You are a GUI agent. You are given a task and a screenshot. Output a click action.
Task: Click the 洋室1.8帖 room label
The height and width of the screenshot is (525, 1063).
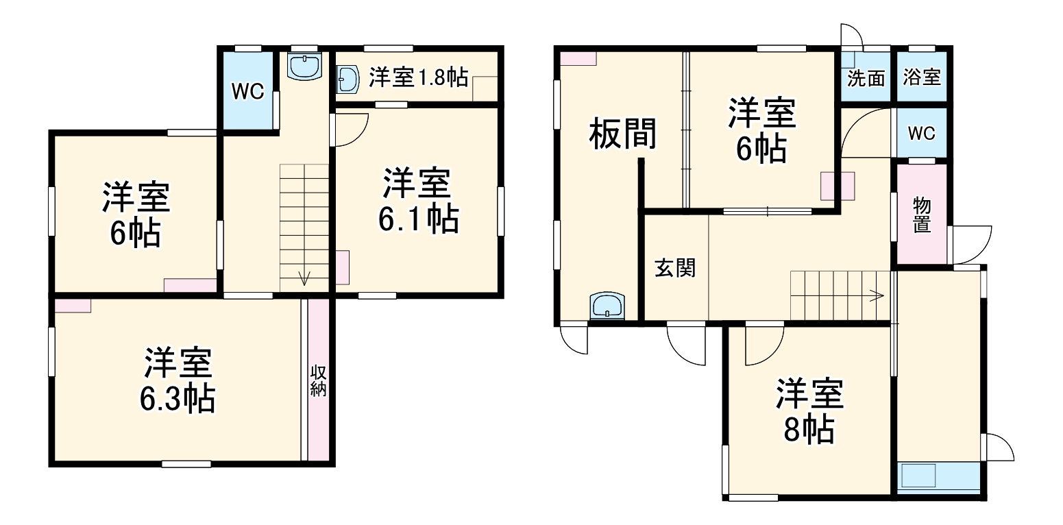pyautogui.click(x=418, y=78)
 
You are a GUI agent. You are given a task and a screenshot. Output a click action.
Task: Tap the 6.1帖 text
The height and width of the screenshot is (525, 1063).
pyautogui.click(x=418, y=220)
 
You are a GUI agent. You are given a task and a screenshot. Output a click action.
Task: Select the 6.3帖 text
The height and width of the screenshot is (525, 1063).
pyautogui.click(x=178, y=399)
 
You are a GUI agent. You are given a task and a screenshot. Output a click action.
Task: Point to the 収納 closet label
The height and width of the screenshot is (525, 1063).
pyautogui.click(x=318, y=381)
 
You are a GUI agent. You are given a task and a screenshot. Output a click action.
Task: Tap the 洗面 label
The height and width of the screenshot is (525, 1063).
pyautogui.click(x=866, y=78)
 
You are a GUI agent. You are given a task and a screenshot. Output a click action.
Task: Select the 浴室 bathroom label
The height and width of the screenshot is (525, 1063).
pyautogui.click(x=922, y=78)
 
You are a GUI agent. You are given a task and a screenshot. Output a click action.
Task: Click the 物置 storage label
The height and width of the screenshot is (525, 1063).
pyautogui.click(x=922, y=215)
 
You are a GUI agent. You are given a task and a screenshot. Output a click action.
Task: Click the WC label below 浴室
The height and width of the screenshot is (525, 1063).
pyautogui.click(x=921, y=134)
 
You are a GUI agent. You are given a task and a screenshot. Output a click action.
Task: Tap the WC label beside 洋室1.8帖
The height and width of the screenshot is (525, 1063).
pyautogui.click(x=247, y=92)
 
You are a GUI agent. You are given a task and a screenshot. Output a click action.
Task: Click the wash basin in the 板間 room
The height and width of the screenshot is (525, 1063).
pyautogui.click(x=607, y=306)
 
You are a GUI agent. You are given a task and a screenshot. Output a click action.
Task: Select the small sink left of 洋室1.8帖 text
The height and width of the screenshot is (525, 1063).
pyautogui.click(x=349, y=79)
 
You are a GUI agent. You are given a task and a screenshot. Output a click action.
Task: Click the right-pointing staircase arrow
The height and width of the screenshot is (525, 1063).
pyautogui.click(x=875, y=296)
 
